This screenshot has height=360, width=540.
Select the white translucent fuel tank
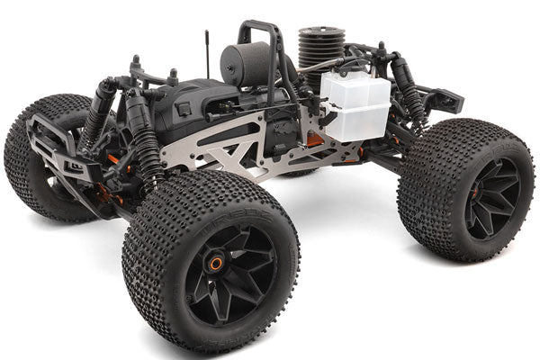(356, 107)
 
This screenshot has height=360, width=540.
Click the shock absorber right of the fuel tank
(409, 90)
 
